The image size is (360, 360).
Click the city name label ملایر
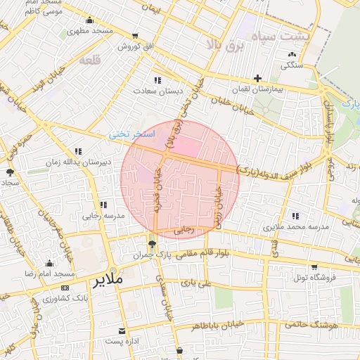108,280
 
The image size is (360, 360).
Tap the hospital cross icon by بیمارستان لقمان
258,78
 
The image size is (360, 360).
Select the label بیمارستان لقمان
257,91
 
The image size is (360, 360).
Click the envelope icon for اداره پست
124,330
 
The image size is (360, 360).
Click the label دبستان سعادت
160,91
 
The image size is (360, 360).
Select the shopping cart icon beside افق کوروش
135,36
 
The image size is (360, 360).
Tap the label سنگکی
292,65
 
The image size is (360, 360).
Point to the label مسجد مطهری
91,32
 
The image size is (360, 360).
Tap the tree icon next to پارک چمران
152,243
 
